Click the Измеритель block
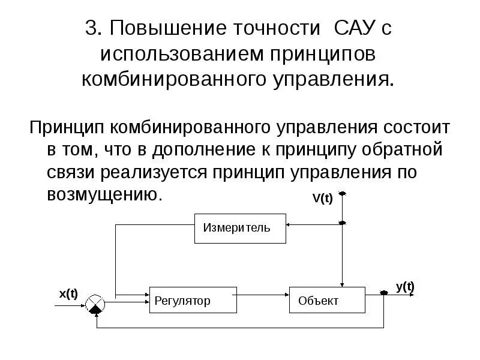pos(240,228)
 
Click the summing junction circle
pos(94,305)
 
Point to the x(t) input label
pos(68,293)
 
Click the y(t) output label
pos(405,286)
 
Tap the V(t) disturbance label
pos(322,199)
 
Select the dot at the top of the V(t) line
pos(342,194)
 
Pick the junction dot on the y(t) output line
pos(384,293)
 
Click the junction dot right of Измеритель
pos(342,223)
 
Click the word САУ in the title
pos(355,28)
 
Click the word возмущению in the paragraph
pos(104,194)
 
